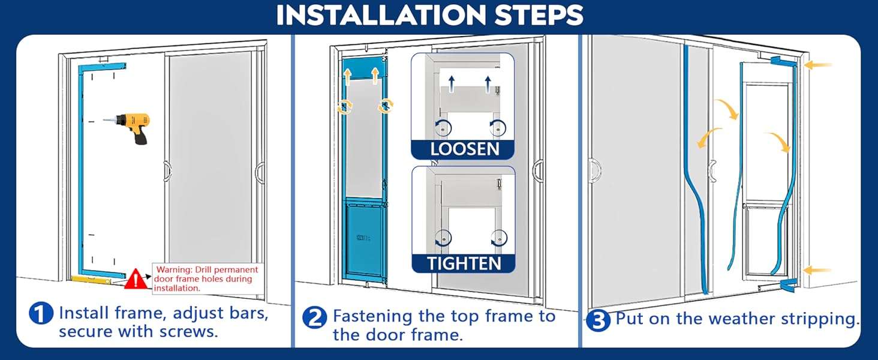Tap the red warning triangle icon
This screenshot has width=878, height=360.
click(136, 279)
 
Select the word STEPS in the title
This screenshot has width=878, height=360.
click(539, 15)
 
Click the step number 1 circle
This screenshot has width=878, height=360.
click(41, 314)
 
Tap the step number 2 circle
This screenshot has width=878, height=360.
click(314, 317)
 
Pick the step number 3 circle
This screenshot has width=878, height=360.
click(598, 321)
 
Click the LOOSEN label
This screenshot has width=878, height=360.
click(464, 149)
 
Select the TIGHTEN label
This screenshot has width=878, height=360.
click(464, 263)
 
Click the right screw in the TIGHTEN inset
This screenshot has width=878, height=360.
click(498, 238)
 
